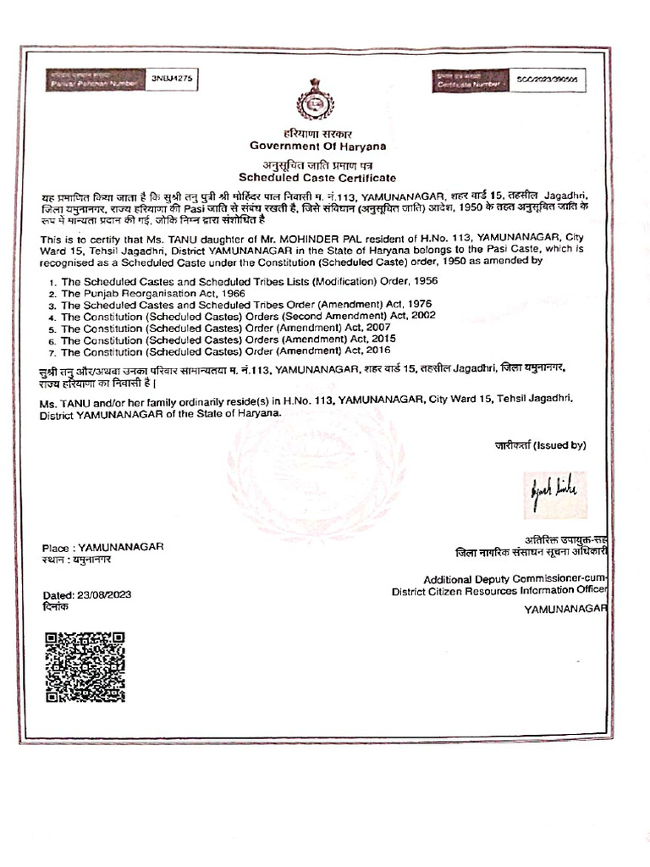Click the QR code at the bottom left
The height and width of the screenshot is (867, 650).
[85, 666]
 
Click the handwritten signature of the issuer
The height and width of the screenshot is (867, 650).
[554, 494]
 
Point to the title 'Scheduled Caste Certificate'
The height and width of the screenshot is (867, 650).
[317, 178]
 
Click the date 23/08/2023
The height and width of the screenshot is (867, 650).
[103, 595]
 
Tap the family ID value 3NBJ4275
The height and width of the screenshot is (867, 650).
[173, 78]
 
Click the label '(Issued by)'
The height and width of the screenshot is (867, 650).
[559, 445]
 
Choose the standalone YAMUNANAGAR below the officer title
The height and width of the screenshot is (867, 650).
[565, 609]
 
